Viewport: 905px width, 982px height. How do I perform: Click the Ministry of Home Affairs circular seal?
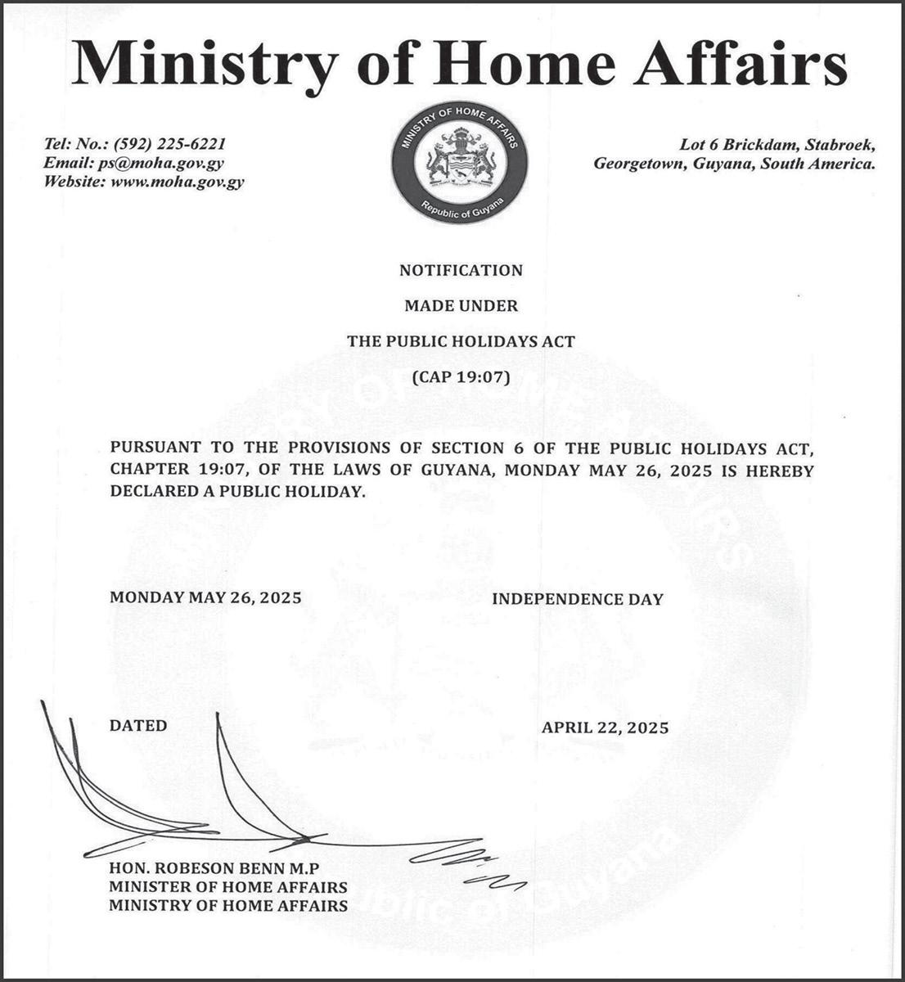[x=459, y=164]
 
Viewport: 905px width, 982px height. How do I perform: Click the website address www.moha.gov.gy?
[x=177, y=182]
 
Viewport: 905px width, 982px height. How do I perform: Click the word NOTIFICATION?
[x=461, y=270]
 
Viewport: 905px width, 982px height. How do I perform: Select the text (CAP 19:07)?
[x=461, y=377]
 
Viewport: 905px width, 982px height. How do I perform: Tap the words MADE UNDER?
[x=461, y=306]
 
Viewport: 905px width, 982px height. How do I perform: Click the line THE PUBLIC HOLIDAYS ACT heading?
[x=461, y=341]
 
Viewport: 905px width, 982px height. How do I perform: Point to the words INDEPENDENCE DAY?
[x=577, y=599]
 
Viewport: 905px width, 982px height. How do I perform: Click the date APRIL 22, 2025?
[x=605, y=727]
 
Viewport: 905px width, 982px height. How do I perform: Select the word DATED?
[x=138, y=725]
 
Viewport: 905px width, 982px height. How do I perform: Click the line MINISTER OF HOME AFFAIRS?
[x=228, y=887]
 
